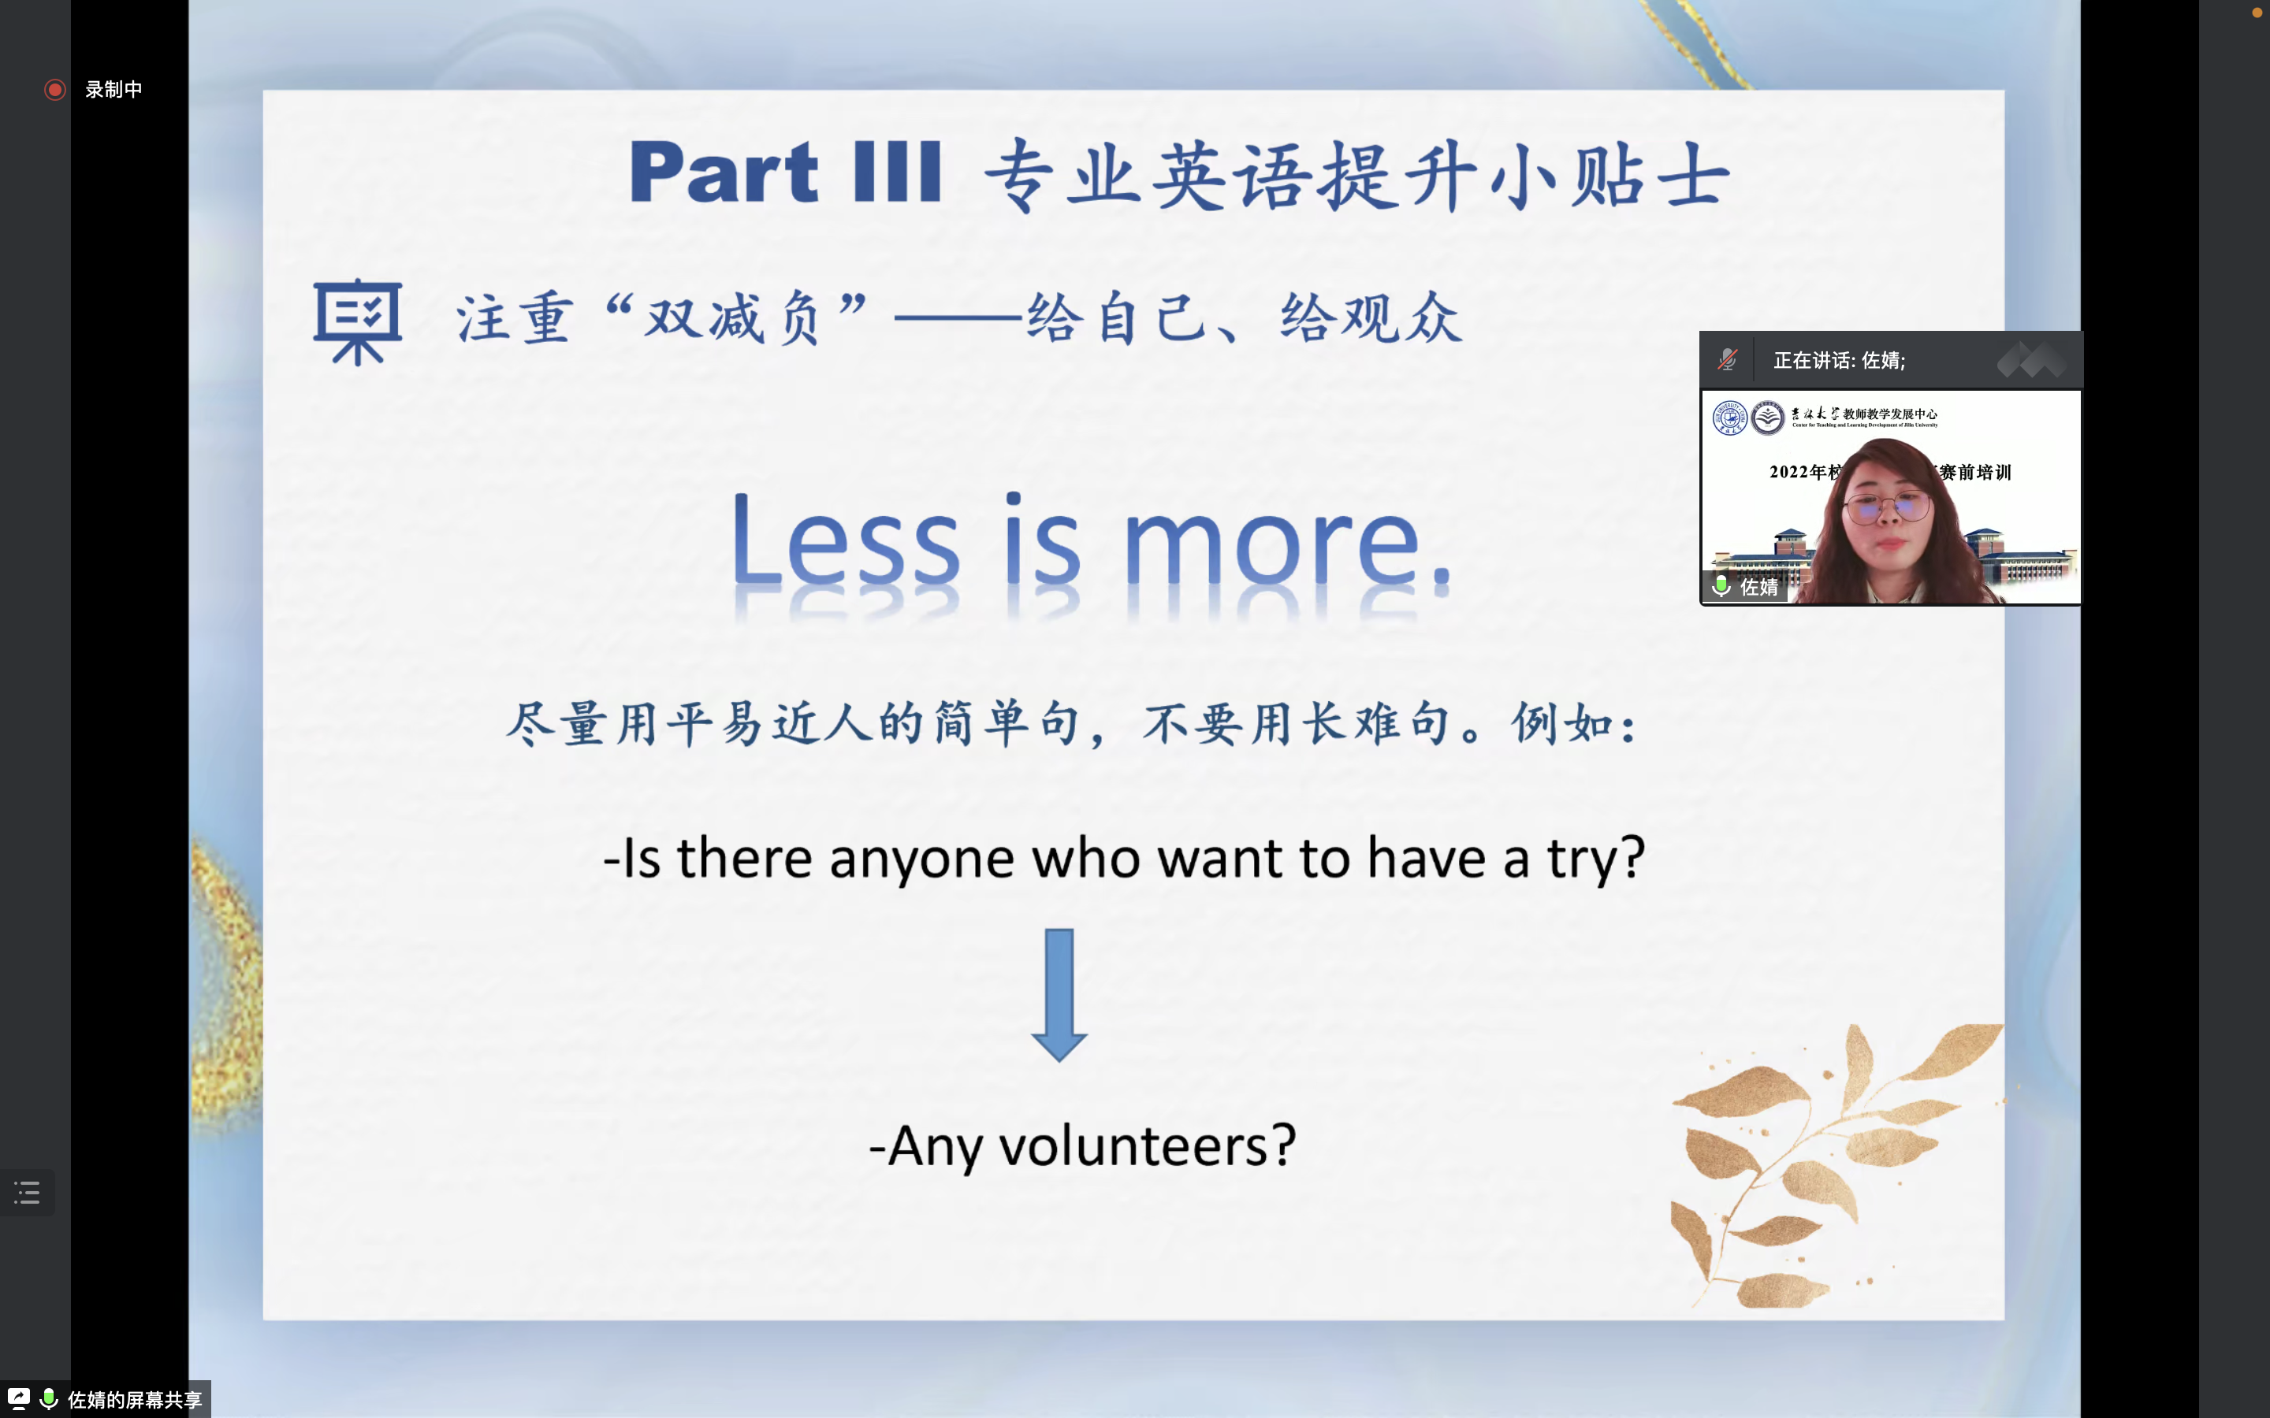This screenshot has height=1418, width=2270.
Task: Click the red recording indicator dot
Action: (55, 89)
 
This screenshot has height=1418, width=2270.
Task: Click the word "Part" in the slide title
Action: (724, 172)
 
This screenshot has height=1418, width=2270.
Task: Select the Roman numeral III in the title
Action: (897, 172)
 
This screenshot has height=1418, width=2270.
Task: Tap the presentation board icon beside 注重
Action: (357, 321)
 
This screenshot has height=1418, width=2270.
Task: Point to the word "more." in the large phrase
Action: (1287, 544)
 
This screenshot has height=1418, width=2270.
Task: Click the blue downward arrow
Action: (1059, 995)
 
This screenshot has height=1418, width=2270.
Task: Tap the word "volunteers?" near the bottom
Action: (1147, 1146)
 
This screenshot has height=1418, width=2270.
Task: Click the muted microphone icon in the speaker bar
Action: (1727, 360)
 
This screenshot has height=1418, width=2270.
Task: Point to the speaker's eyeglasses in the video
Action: (1886, 508)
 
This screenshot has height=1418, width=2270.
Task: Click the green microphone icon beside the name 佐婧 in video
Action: (1721, 586)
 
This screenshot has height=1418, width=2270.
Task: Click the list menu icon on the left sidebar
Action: (28, 1193)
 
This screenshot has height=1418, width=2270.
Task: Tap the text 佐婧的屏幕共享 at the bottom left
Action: (135, 1400)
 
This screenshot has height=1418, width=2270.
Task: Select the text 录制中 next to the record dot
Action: (113, 89)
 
